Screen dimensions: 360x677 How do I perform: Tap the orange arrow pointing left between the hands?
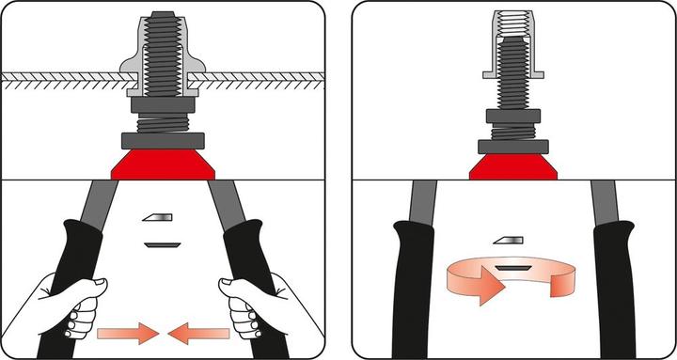pyautogui.click(x=199, y=331)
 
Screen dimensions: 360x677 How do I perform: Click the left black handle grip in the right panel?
pyautogui.click(x=415, y=282)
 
